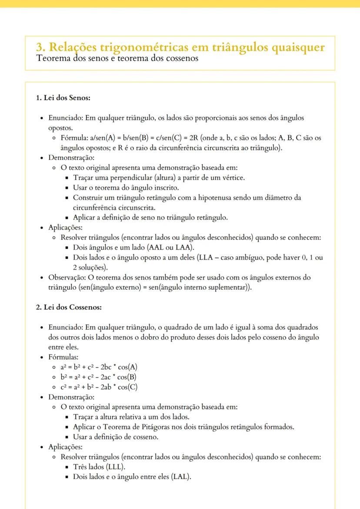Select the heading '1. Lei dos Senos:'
coord(63,98)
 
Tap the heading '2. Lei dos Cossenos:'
coord(69,307)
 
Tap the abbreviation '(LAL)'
coord(181,477)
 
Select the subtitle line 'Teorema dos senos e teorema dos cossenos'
coord(117,58)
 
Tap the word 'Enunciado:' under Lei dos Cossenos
coord(66,327)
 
